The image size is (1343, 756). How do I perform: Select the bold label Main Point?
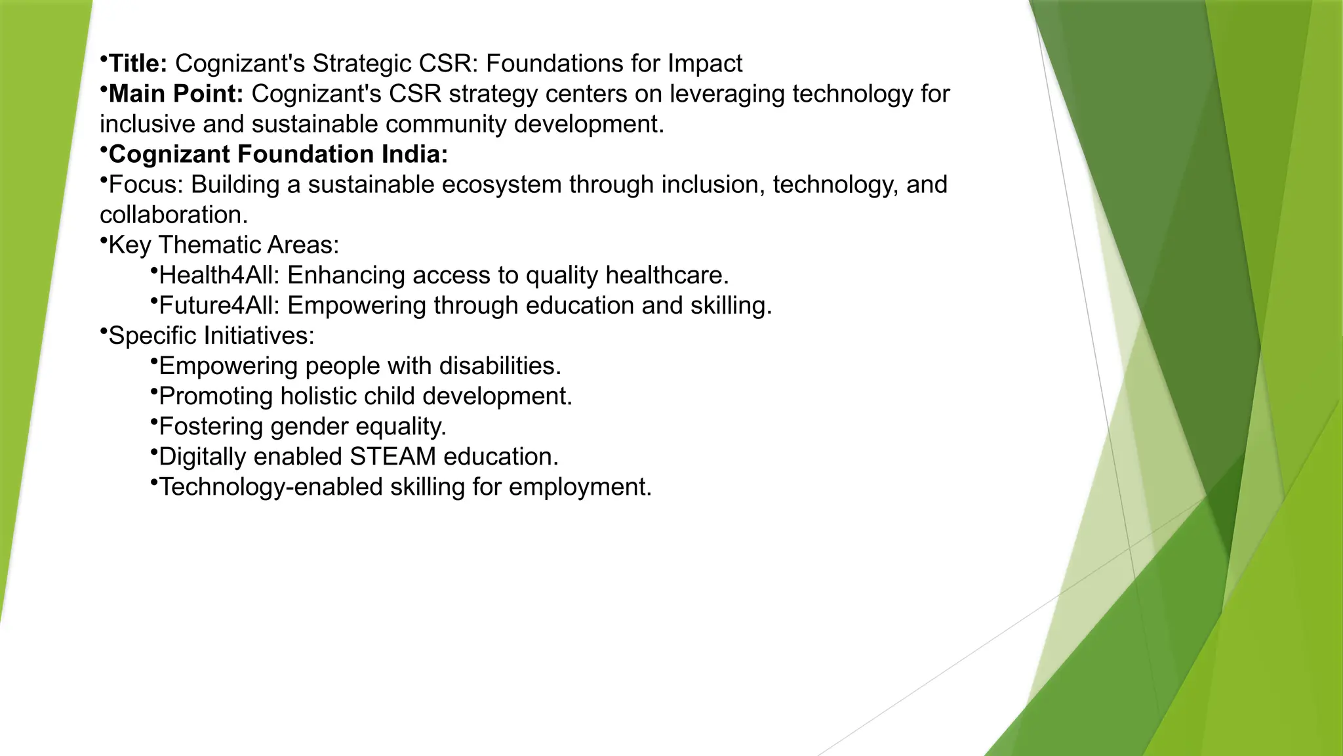(x=175, y=94)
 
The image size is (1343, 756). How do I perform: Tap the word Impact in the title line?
(x=705, y=64)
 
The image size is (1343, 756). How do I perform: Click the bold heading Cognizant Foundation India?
(x=277, y=154)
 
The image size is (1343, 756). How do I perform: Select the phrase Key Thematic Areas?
(x=223, y=245)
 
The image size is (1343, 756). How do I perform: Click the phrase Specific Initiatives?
(x=210, y=335)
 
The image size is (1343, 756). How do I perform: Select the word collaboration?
(x=173, y=215)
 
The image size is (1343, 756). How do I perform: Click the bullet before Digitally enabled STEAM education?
(x=153, y=451)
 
